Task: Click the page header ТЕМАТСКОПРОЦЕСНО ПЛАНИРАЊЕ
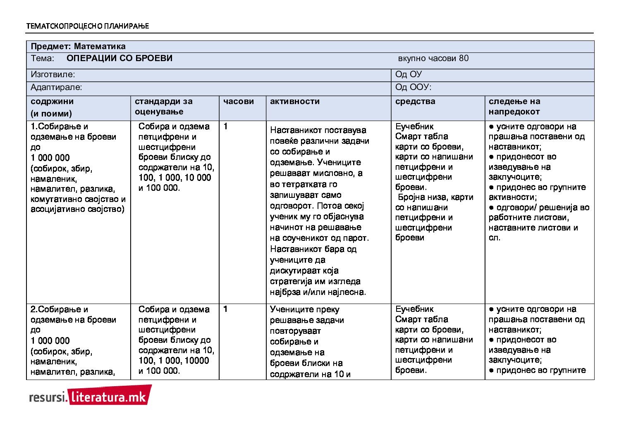[87, 26]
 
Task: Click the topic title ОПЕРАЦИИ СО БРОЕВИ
[119, 58]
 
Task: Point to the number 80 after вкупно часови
[464, 58]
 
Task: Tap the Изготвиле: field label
[53, 74]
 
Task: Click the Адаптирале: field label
[56, 87]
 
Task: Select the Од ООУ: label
[413, 87]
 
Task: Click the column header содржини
[52, 101]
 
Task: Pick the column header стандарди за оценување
[163, 106]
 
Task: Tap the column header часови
[239, 101]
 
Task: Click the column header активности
[294, 101]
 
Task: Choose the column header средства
[415, 101]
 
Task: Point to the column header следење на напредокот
[514, 106]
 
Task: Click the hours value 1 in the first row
[225, 126]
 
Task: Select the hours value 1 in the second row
[225, 309]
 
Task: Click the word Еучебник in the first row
[414, 126]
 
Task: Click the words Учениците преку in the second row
[304, 309]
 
